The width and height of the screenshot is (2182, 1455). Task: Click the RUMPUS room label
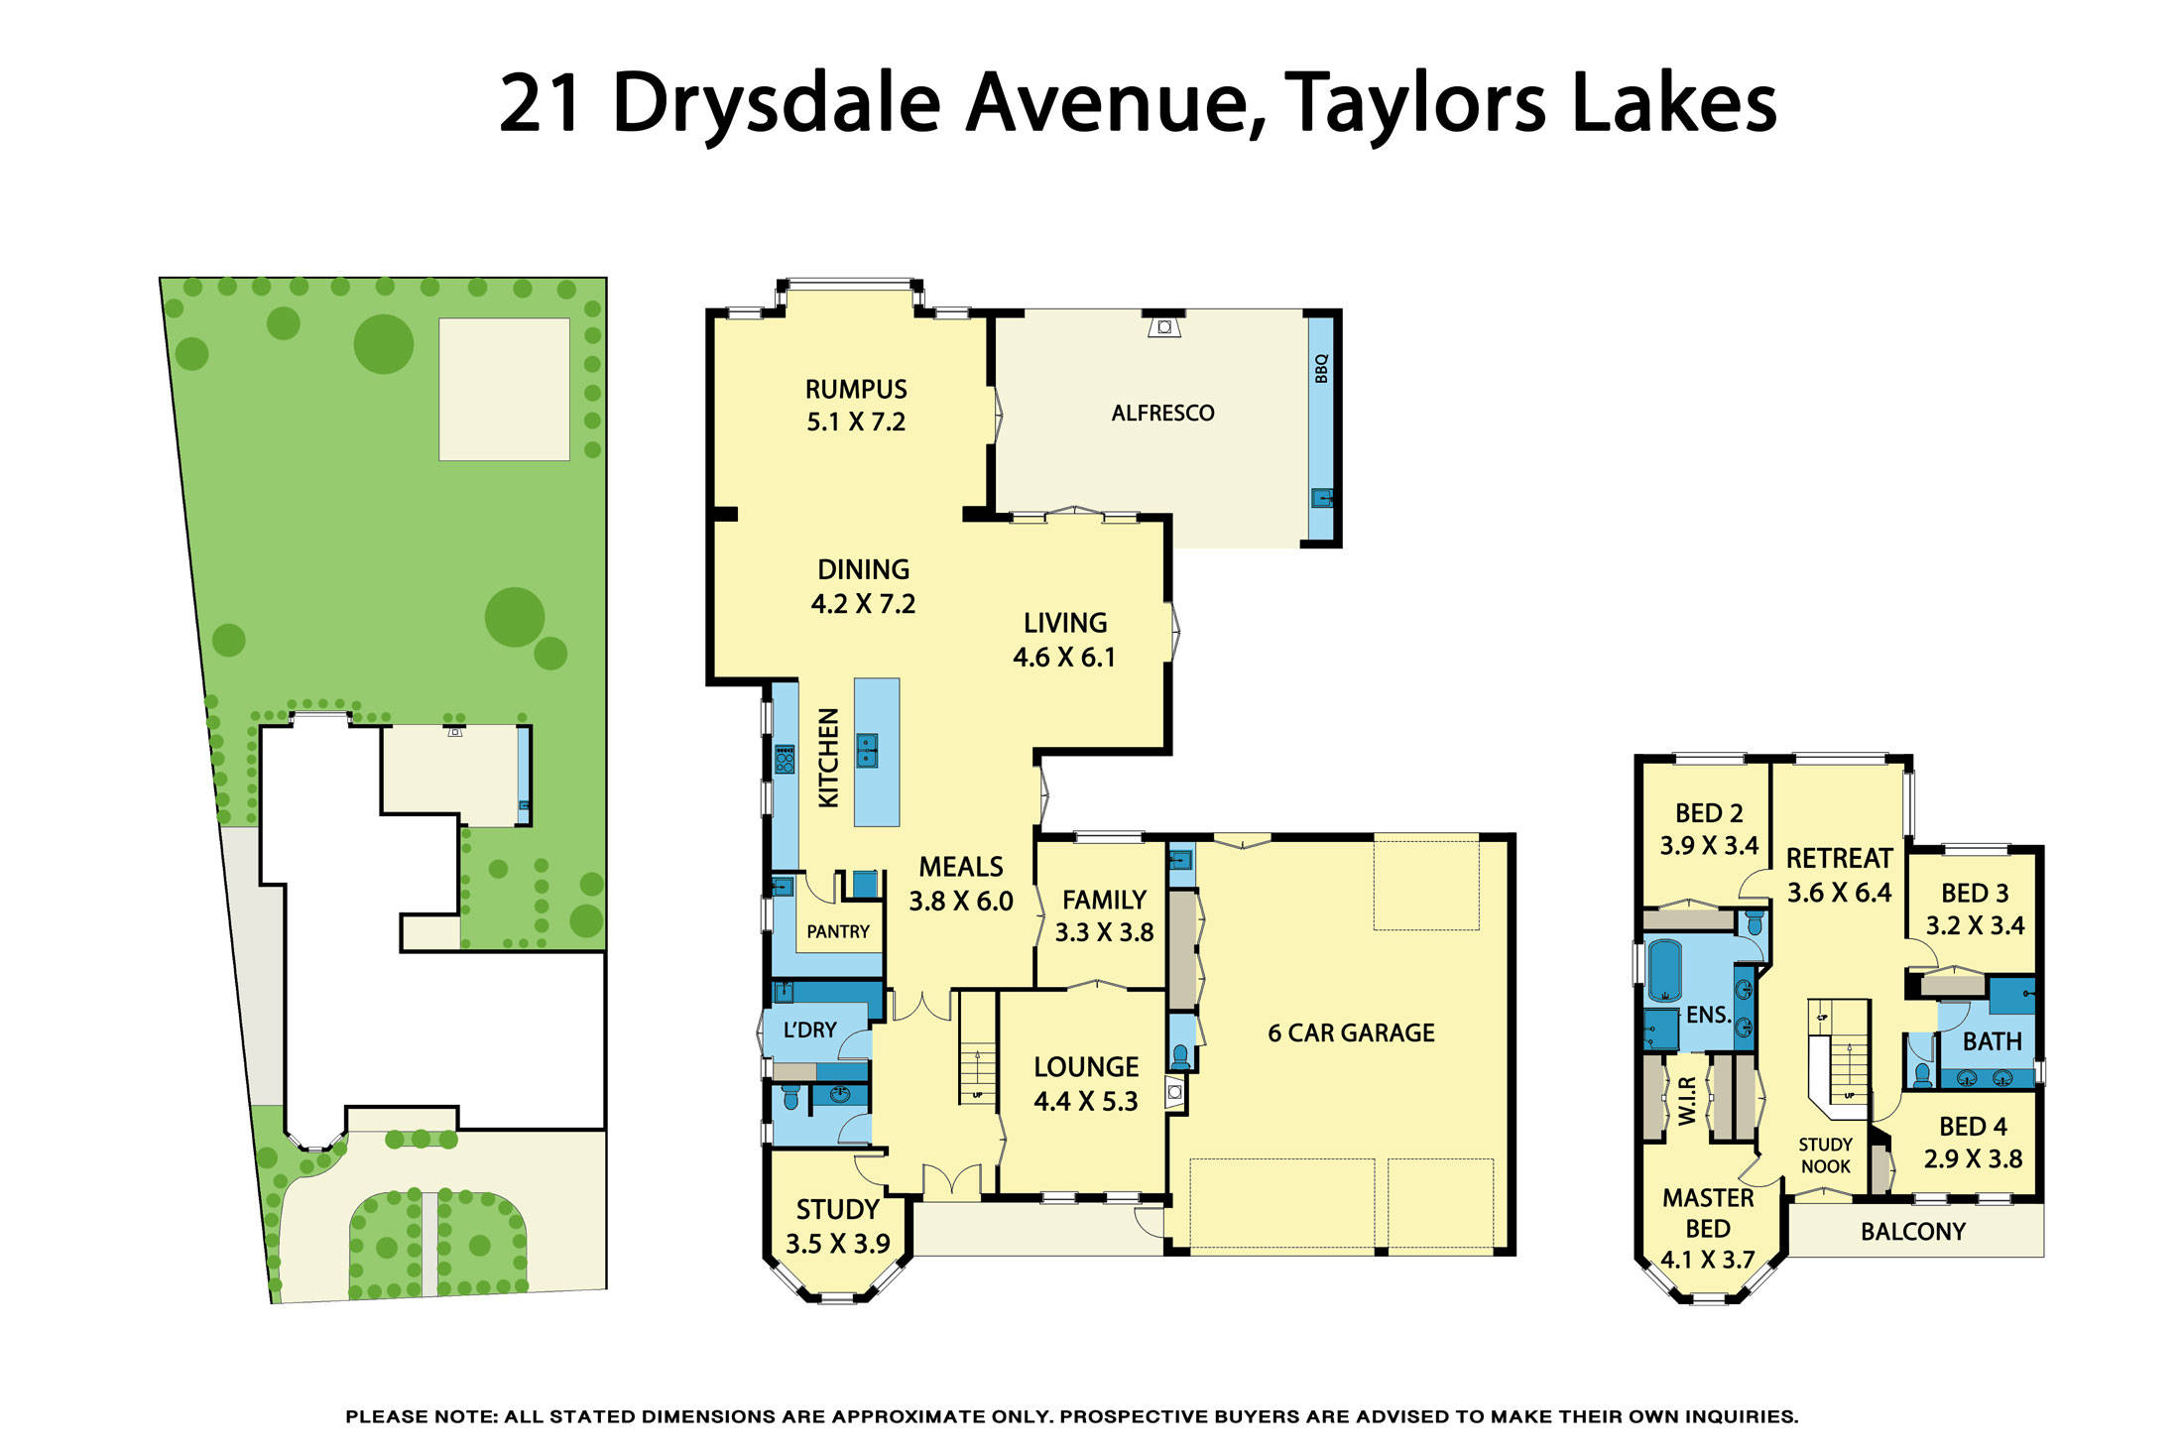855,389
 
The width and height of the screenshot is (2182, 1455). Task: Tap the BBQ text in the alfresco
1321,369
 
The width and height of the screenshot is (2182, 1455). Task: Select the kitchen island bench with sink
877,752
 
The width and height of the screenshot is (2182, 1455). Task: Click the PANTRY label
837,931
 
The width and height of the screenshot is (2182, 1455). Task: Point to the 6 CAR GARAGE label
1351,1032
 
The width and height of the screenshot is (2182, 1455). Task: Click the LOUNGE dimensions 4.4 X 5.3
1085,1101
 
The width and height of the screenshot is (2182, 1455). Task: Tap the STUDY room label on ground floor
837,1209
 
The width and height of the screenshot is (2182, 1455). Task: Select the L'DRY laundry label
809,1030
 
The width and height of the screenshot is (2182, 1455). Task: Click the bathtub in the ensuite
1663,970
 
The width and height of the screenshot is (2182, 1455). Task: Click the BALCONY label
1912,1231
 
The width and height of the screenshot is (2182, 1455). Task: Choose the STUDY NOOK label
1825,1155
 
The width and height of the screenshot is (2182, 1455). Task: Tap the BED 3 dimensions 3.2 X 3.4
1975,925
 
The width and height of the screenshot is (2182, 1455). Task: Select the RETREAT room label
1839,858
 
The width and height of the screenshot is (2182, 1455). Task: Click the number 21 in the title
540,103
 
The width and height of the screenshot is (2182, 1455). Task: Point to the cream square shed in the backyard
504,389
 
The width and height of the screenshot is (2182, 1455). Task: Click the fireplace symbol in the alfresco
1164,326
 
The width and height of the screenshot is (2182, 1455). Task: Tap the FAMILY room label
1104,900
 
